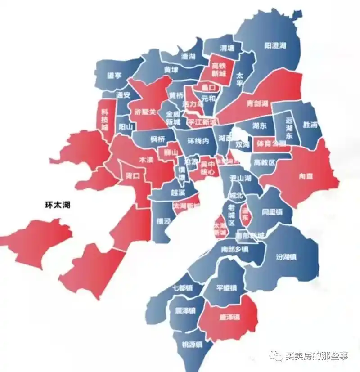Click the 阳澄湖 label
tap(275, 46)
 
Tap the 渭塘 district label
tap(227, 48)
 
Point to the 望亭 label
tap(115, 76)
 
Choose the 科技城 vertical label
tap(105, 119)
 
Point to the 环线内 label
tap(198, 141)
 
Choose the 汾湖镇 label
tap(285, 257)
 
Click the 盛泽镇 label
tap(229, 317)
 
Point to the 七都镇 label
tap(182, 288)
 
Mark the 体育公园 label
tap(270, 144)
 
